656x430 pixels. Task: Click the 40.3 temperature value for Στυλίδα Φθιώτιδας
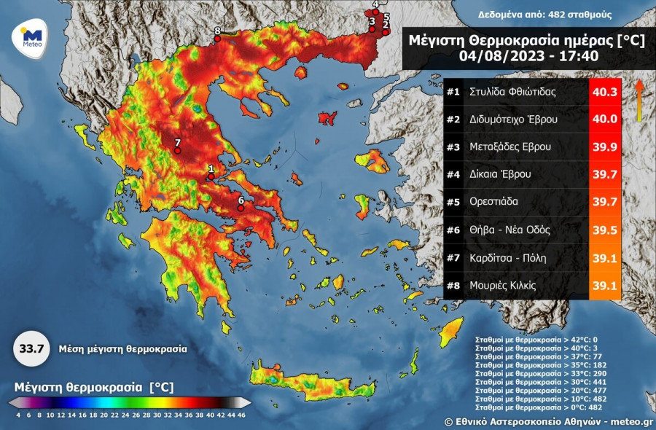point(604,93)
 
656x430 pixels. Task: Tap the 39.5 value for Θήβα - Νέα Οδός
point(604,230)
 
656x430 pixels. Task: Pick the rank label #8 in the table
point(453,286)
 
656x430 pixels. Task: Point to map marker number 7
point(176,150)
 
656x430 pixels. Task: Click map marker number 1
point(211,176)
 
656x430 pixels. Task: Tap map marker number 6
point(241,208)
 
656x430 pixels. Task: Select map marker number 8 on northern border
point(217,38)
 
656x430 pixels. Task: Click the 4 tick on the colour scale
point(17,415)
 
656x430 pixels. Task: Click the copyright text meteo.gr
point(632,421)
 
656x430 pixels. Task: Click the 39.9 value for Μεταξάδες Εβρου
point(604,147)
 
